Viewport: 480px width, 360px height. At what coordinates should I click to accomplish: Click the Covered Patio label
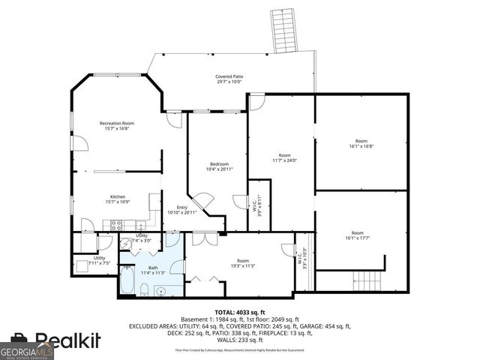coord(229,79)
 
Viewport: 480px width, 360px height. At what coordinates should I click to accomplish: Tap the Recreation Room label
coord(117,125)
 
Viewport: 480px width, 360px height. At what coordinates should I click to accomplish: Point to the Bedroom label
coord(219,166)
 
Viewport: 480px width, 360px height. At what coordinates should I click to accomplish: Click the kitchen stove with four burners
coord(117,224)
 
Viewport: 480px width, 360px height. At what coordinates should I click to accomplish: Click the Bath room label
coord(153,270)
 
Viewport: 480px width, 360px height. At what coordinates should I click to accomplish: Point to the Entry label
coord(181,210)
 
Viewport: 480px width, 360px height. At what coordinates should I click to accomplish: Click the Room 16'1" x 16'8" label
coord(361,143)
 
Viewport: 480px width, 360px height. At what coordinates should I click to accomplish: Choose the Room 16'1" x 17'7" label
coord(361,236)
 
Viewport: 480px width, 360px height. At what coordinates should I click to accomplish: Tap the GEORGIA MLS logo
coord(27,350)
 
